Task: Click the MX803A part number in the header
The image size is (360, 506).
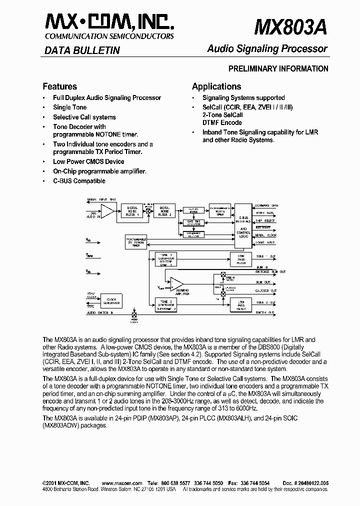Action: (290, 27)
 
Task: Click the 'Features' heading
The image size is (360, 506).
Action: (59, 86)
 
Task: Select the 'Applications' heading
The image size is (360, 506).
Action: (216, 86)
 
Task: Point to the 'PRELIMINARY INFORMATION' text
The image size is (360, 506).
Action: (278, 69)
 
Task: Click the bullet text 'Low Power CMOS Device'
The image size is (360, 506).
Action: (88, 161)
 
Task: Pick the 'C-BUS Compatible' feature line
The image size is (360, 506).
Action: (79, 181)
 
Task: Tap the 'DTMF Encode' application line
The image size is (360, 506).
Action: (222, 122)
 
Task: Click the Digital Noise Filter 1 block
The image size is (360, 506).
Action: (132, 210)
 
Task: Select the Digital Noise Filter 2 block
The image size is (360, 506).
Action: (164, 210)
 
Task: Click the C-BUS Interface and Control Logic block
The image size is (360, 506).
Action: (243, 225)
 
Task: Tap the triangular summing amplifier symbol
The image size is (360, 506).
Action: (176, 284)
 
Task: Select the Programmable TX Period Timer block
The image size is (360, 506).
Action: (135, 243)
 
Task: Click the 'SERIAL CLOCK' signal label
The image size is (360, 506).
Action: (264, 235)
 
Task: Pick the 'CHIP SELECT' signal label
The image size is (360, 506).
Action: (264, 220)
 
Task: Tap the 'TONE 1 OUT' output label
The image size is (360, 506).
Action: (265, 256)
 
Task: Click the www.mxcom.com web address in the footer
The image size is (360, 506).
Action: (122, 483)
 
